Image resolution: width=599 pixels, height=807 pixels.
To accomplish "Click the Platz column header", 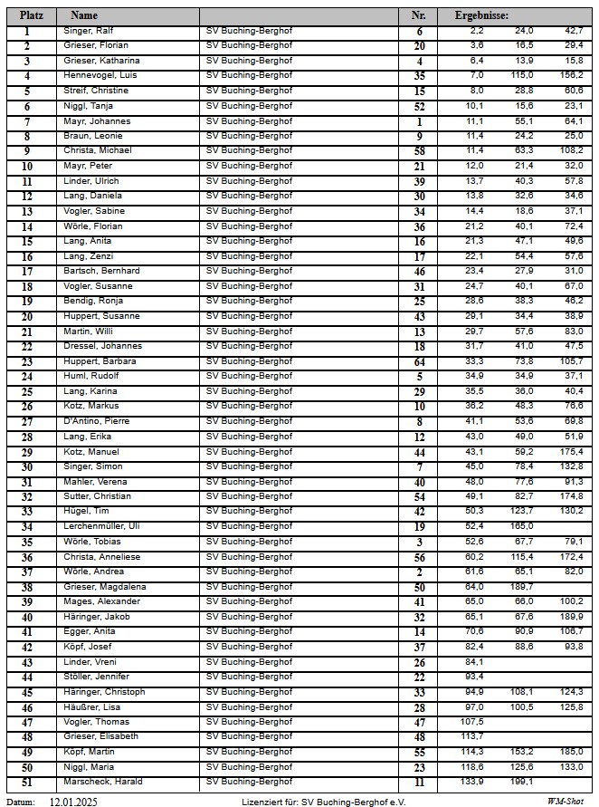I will pos(32,15).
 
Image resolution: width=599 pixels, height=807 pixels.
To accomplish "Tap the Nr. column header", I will pos(418,15).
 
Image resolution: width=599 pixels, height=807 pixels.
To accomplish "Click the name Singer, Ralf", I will pos(88,31).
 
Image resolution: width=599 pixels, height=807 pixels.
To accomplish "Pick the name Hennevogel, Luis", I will pos(100,75).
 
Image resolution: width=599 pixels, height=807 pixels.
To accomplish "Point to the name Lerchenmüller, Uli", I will pos(101,526).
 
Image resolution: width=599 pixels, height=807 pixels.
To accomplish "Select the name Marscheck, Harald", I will pos(102,782).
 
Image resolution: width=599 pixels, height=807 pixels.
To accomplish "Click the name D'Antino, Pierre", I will pos(96,421).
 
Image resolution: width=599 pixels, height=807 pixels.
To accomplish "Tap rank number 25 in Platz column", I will pos(27,391).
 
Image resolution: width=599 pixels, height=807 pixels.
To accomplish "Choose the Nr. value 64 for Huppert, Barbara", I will pos(419,361).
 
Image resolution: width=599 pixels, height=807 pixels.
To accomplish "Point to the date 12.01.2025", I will pos(73,802).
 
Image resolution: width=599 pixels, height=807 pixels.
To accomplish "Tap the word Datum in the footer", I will pos(21,802).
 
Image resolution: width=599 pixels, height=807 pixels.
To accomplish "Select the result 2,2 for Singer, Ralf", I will pos(476,31).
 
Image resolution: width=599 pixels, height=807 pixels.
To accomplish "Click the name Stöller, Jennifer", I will pos(96,677).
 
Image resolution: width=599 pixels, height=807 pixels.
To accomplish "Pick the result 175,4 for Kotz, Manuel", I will pos(571,451).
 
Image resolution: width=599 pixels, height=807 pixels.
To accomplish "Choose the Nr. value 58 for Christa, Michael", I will pos(419,150).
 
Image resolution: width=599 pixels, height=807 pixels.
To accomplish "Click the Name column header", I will pos(83,15).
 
